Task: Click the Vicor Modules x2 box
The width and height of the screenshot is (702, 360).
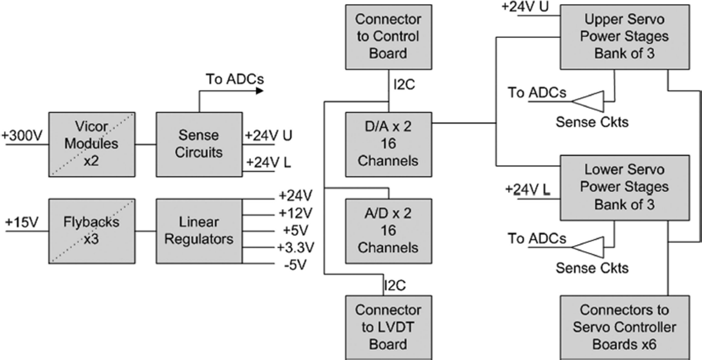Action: (x=92, y=144)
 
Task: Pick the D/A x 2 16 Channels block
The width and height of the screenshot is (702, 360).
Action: (x=389, y=144)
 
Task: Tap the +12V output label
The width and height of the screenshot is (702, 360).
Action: (x=296, y=213)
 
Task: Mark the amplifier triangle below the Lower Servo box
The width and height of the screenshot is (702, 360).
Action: (x=588, y=247)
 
